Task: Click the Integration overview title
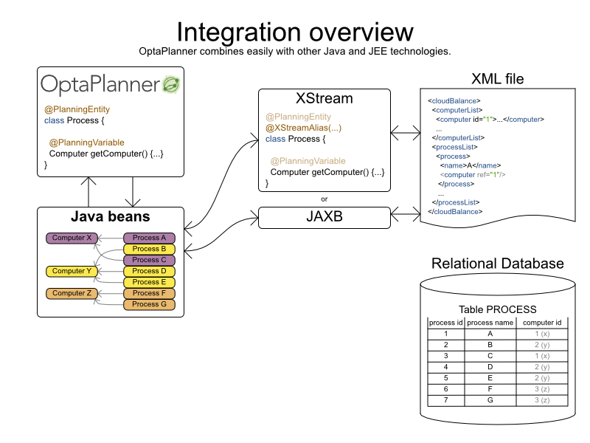point(295,32)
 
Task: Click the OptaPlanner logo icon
point(171,85)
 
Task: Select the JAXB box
point(324,217)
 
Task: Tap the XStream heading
point(324,98)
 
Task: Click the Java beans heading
point(111,217)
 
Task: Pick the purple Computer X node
point(72,238)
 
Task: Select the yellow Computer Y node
point(72,271)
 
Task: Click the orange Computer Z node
point(72,293)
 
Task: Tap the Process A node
point(149,238)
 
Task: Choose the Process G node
point(149,304)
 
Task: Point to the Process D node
point(149,271)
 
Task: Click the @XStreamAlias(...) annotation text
point(303,128)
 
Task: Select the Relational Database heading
point(498,264)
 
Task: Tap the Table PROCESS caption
point(498,309)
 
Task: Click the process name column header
point(490,323)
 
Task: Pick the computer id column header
point(542,323)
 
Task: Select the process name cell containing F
point(490,389)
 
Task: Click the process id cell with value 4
point(445,367)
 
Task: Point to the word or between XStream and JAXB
point(324,199)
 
